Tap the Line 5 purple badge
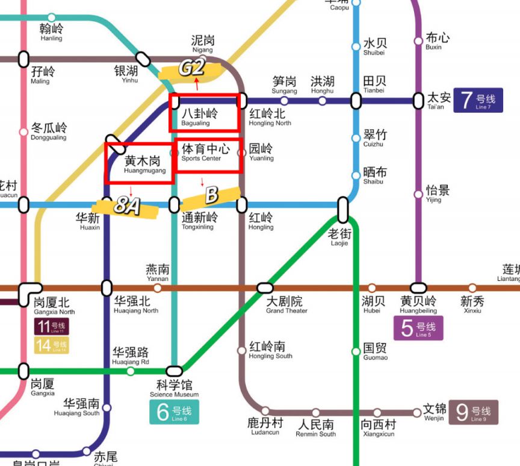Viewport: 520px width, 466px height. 418,328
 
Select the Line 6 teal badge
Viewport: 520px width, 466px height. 174,412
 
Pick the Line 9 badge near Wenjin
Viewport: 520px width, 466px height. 473,412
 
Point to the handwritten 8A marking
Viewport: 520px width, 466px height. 127,207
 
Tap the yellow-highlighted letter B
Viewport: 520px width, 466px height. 211,195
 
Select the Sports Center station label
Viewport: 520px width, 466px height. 205,152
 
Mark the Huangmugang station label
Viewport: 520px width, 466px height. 141,165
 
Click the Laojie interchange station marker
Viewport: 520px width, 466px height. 343,209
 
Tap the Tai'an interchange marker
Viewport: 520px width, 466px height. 418,101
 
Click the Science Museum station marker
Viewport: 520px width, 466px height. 174,370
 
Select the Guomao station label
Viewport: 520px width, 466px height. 376,351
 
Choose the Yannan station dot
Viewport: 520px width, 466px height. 158,288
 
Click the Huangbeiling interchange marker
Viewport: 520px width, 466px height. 418,288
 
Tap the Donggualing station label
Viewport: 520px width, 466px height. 49,131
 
